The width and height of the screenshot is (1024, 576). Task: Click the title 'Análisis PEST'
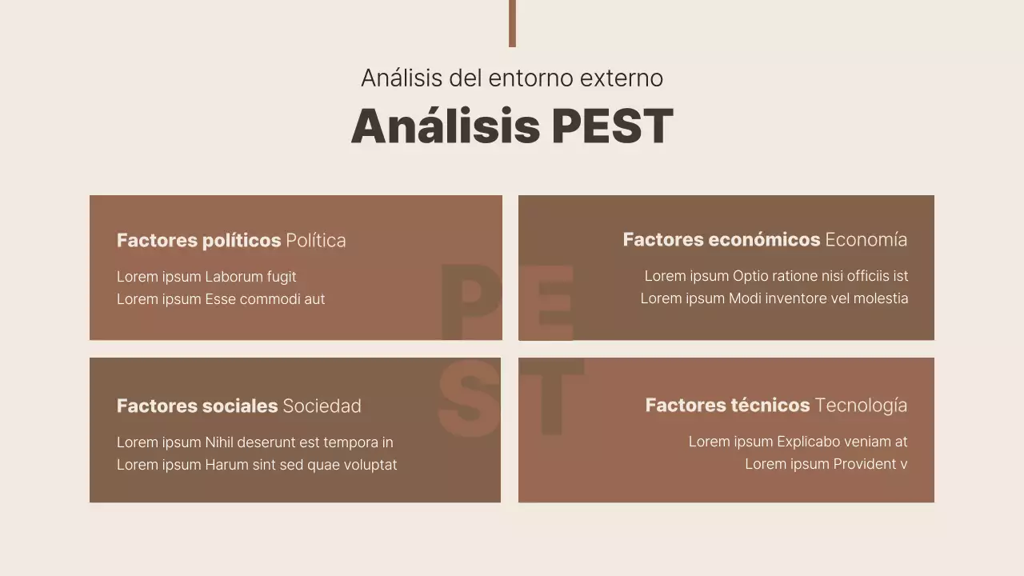512,126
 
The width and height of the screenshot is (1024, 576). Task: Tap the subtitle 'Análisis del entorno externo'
512,78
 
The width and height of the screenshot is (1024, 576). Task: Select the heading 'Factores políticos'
198,240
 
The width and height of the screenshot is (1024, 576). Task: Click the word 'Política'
316,240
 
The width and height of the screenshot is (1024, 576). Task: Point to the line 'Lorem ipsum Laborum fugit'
206,277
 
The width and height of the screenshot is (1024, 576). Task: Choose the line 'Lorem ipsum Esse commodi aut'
221,299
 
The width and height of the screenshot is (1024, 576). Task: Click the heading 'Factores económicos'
721,239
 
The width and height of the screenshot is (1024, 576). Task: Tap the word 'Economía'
866,239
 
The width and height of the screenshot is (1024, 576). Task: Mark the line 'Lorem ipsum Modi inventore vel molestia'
774,298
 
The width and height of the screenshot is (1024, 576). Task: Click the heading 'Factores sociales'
197,406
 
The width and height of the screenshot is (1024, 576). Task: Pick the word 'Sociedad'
322,406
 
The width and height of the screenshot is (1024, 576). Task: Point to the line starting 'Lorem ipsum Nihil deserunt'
254,442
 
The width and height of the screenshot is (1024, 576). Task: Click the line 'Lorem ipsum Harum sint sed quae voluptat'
257,465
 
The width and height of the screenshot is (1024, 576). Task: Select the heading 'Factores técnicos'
727,405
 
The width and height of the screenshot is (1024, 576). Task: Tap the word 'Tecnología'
861,405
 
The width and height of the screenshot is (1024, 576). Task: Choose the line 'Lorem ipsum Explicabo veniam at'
798,442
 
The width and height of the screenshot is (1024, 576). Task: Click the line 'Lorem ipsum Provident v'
826,464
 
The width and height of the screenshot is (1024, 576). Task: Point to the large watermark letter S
470,398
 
